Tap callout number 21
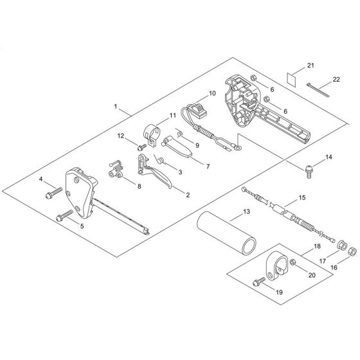tap(311, 66)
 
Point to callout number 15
tap(302, 198)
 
